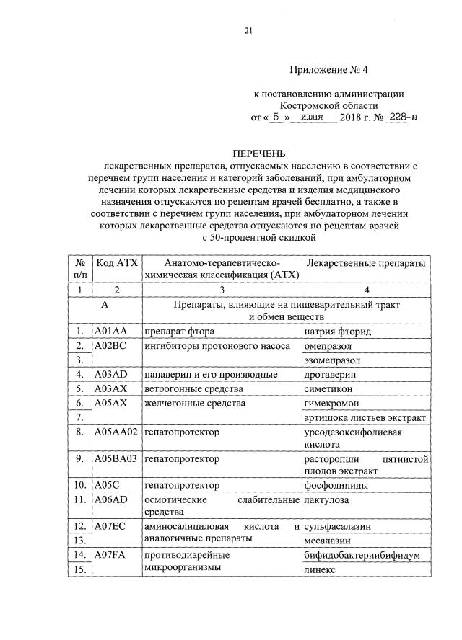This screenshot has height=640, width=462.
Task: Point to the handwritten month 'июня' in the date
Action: [311, 117]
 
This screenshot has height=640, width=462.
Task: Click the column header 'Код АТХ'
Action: [116, 262]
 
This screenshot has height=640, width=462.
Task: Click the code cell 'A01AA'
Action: [110, 332]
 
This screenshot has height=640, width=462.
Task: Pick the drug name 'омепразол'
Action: [329, 345]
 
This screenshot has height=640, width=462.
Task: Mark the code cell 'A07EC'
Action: [110, 526]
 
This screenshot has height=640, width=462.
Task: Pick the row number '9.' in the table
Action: [82, 458]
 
